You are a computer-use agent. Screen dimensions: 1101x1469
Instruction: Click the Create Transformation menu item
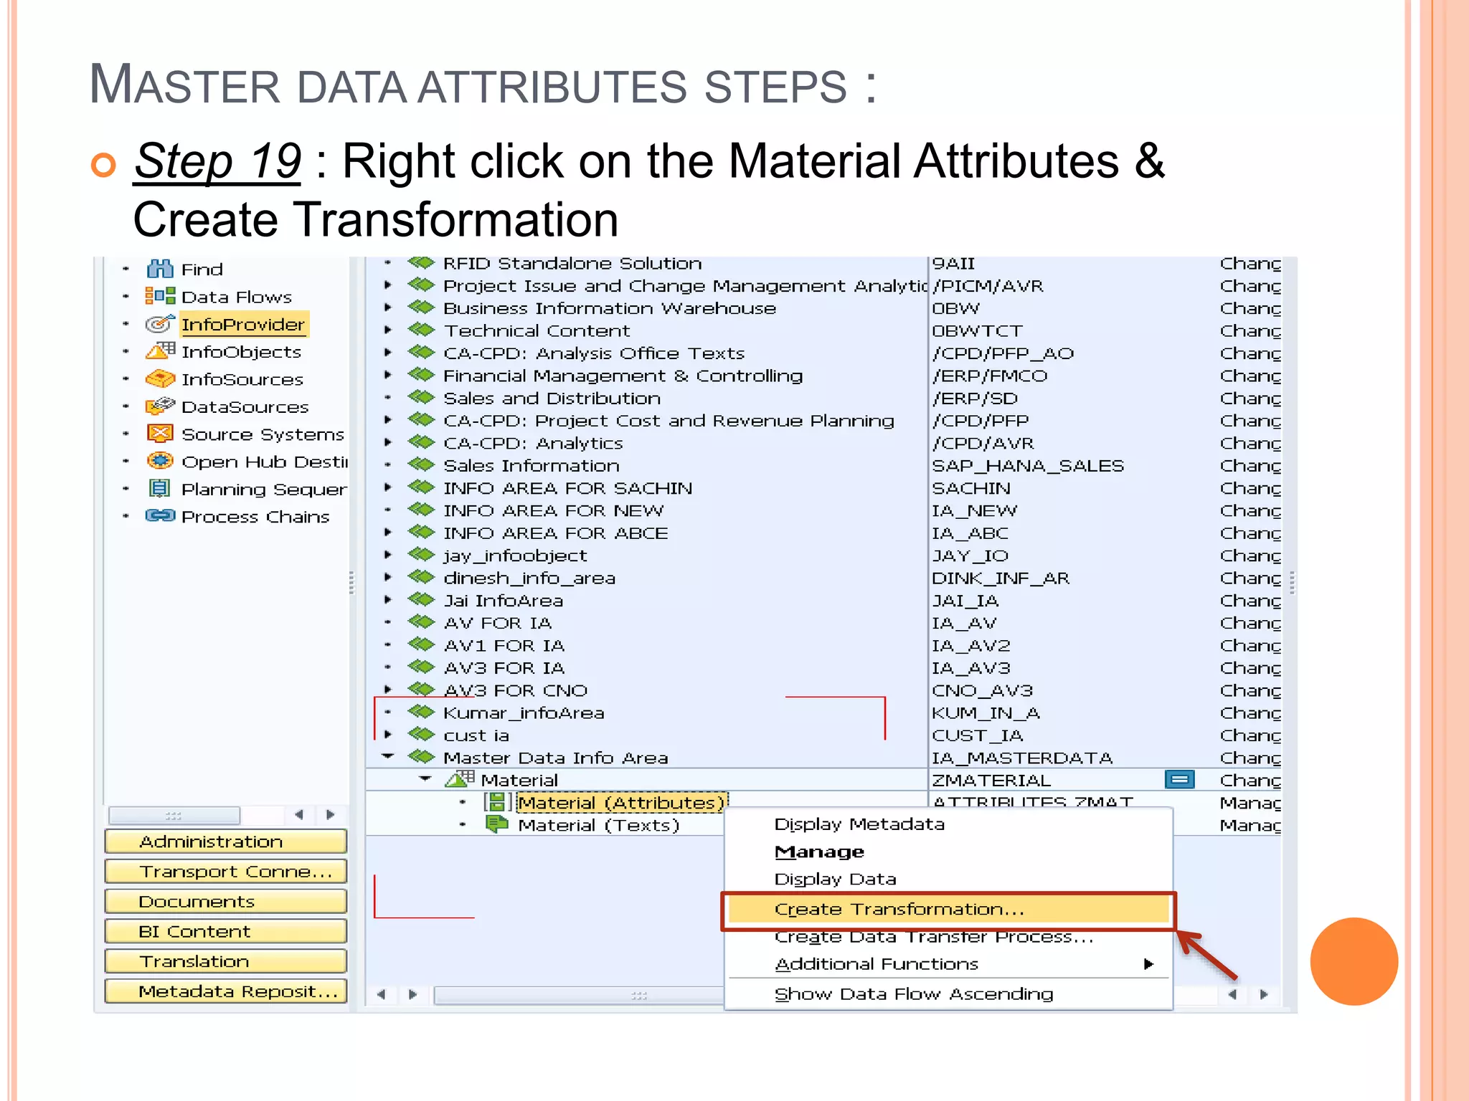[x=899, y=910]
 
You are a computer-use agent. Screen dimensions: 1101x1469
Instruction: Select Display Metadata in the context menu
[x=859, y=824]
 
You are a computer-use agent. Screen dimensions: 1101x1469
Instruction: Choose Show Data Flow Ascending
[x=913, y=994]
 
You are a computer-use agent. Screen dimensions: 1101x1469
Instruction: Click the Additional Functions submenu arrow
[x=1148, y=964]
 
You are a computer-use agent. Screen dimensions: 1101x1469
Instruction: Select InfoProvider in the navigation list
[x=243, y=325]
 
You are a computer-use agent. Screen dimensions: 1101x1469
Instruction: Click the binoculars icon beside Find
[x=159, y=270]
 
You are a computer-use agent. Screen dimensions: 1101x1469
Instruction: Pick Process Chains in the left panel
[x=255, y=517]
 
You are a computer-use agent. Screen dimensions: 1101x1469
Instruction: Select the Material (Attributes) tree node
[x=621, y=803]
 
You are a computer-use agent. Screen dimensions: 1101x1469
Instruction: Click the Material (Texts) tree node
[x=598, y=825]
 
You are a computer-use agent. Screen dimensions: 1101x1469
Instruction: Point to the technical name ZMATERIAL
[x=991, y=781]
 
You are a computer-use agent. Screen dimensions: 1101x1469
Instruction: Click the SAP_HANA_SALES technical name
[x=1027, y=466]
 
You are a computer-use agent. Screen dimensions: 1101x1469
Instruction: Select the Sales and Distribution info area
[x=552, y=399]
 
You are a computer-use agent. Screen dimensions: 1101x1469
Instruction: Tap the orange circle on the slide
[x=1354, y=961]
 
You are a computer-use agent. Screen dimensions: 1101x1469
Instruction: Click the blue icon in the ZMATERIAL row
[x=1179, y=779]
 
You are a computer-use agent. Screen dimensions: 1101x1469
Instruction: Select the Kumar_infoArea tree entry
[x=524, y=713]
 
